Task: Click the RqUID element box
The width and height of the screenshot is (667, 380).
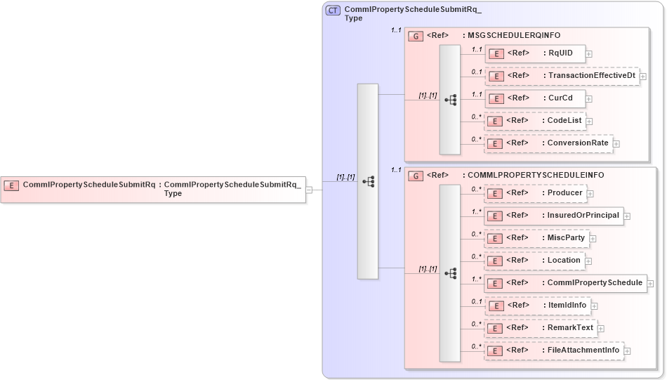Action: pyautogui.click(x=535, y=53)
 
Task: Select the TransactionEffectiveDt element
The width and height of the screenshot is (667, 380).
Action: pyautogui.click(x=562, y=76)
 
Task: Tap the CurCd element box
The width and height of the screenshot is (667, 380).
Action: pyautogui.click(x=535, y=98)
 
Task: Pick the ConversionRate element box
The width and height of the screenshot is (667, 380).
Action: pyautogui.click(x=548, y=143)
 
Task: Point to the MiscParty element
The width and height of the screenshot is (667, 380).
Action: pyautogui.click(x=536, y=238)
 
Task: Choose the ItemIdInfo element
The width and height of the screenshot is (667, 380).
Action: pyautogui.click(x=538, y=306)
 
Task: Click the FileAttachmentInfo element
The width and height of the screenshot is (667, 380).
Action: pyautogui.click(x=554, y=350)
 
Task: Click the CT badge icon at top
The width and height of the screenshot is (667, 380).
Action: pyautogui.click(x=333, y=11)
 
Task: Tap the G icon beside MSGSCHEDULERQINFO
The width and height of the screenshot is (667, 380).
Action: pyautogui.click(x=416, y=36)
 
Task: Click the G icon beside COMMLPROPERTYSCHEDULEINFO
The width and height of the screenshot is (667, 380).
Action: pyautogui.click(x=416, y=176)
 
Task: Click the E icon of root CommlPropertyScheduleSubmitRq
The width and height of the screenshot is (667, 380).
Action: pyautogui.click(x=11, y=185)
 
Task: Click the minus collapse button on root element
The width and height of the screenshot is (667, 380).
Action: pyautogui.click(x=310, y=190)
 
